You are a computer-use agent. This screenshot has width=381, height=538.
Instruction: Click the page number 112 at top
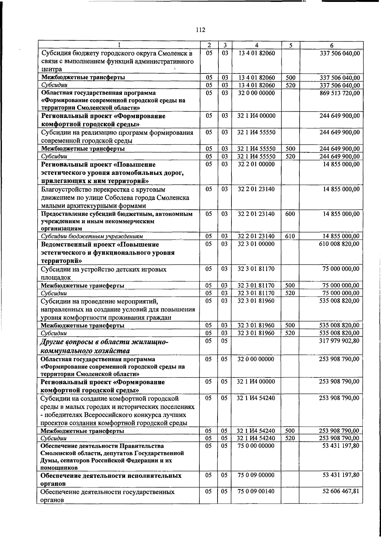tap(200, 30)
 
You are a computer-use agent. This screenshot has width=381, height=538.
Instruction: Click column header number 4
tap(256, 45)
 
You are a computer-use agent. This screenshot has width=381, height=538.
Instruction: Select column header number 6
tap(331, 45)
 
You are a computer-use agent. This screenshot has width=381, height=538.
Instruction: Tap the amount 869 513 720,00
tap(339, 93)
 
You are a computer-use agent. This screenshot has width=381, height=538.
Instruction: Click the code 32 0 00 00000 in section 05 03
tap(256, 93)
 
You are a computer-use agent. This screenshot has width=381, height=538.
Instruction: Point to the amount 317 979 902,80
tap(339, 341)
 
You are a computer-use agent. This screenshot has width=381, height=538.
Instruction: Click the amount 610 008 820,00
tap(339, 244)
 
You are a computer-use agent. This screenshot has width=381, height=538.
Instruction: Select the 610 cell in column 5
tap(290, 236)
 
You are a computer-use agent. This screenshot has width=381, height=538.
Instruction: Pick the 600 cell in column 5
tap(290, 214)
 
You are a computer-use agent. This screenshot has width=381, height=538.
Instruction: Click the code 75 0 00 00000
tap(256, 446)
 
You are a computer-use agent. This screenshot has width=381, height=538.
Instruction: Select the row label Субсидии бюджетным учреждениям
tap(92, 237)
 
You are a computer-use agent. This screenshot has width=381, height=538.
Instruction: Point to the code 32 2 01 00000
tap(256, 164)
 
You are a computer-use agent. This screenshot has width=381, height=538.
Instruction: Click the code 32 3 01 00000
tap(256, 244)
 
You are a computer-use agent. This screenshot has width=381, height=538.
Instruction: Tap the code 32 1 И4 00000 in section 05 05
tap(256, 382)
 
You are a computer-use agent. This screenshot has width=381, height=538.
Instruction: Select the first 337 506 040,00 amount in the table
tap(339, 53)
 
